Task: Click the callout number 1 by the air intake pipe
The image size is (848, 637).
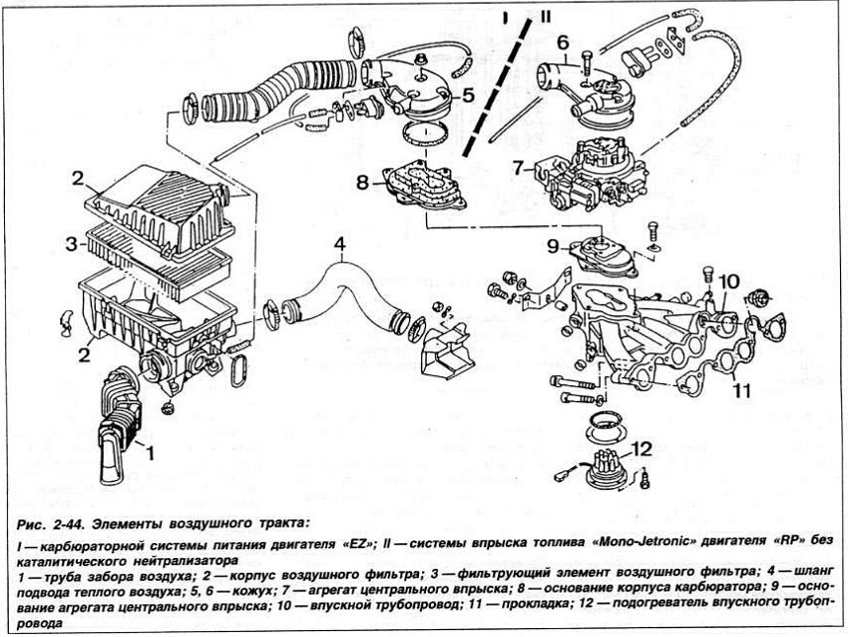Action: coord(151,454)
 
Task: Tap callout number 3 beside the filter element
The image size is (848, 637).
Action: coord(72,243)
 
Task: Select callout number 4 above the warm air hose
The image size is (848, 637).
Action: coord(339,243)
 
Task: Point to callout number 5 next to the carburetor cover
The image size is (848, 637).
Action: coord(467,95)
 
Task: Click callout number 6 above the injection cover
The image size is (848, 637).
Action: coord(561,43)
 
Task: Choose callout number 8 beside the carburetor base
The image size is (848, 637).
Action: coord(363,182)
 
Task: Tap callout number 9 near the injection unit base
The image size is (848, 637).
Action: coord(553,246)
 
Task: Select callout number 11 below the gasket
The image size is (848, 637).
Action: coord(740,390)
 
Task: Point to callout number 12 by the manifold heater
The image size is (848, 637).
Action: coord(641,449)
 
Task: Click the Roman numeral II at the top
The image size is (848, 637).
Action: coord(544,17)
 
